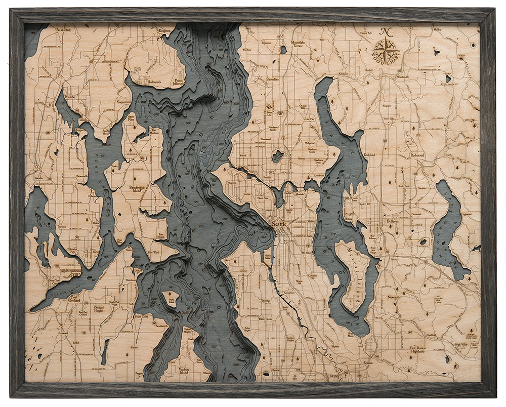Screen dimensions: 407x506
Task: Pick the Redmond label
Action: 417,154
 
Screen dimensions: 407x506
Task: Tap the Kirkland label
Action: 370,155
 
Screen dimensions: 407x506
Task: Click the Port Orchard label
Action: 75,299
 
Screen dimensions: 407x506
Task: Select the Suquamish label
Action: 124,102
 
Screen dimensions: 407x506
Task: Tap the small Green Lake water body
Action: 277,156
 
